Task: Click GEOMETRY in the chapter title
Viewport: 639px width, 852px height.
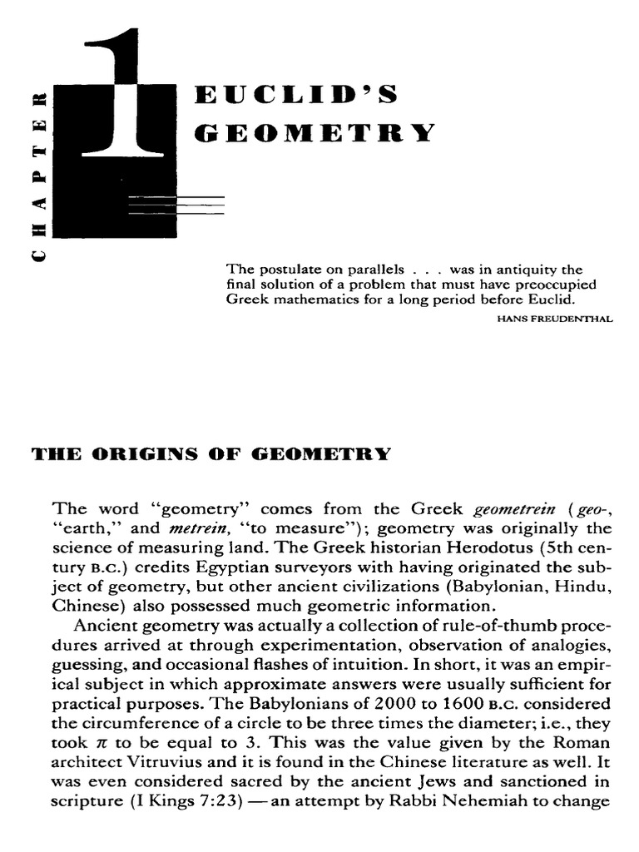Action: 315,133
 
